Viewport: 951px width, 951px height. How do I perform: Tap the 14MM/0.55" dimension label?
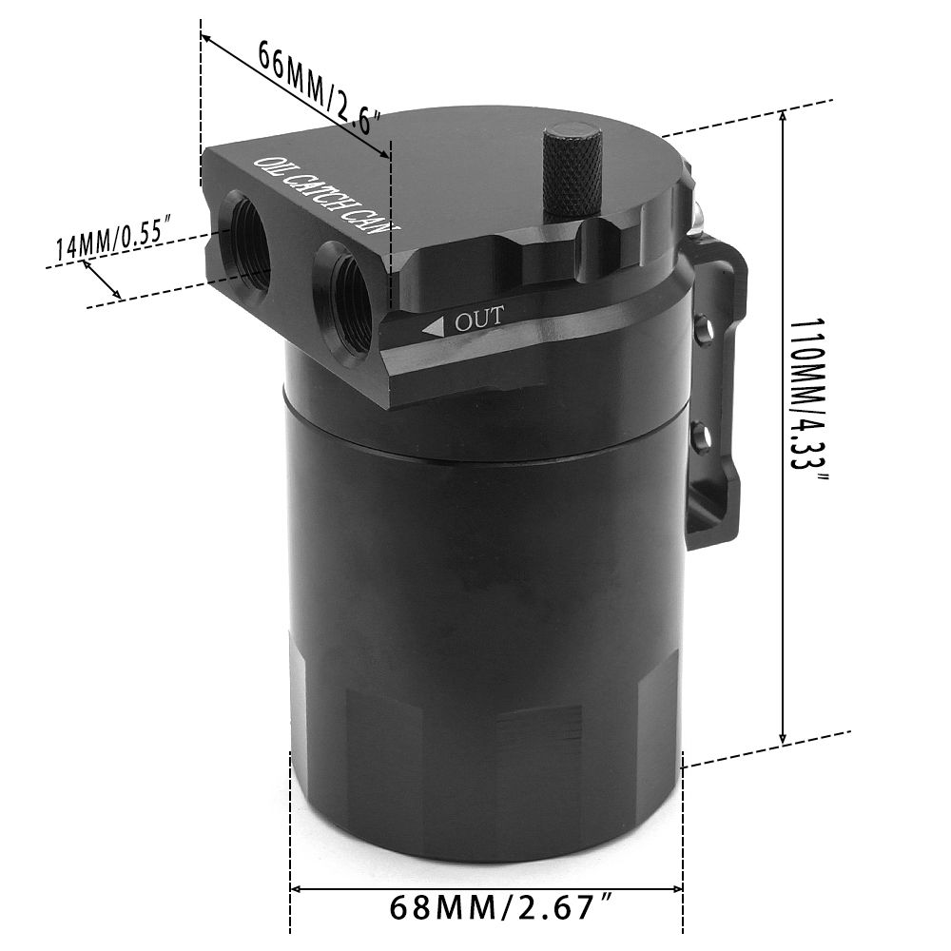click(x=109, y=238)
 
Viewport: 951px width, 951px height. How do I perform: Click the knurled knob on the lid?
click(x=572, y=171)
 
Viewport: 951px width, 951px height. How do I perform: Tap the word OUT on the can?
click(x=479, y=318)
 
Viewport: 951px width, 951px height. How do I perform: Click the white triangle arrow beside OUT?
click(x=435, y=327)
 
